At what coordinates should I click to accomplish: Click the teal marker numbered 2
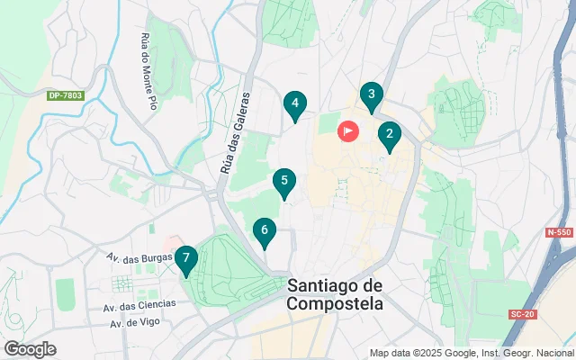pyautogui.click(x=389, y=137)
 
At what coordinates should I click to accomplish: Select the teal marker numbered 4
pyautogui.click(x=295, y=105)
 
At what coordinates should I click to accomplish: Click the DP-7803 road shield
pyautogui.click(x=65, y=94)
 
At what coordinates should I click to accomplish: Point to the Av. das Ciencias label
pyautogui.click(x=145, y=303)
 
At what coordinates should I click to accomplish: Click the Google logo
pyautogui.click(x=30, y=349)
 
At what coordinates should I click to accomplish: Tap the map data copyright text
pyautogui.click(x=471, y=353)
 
